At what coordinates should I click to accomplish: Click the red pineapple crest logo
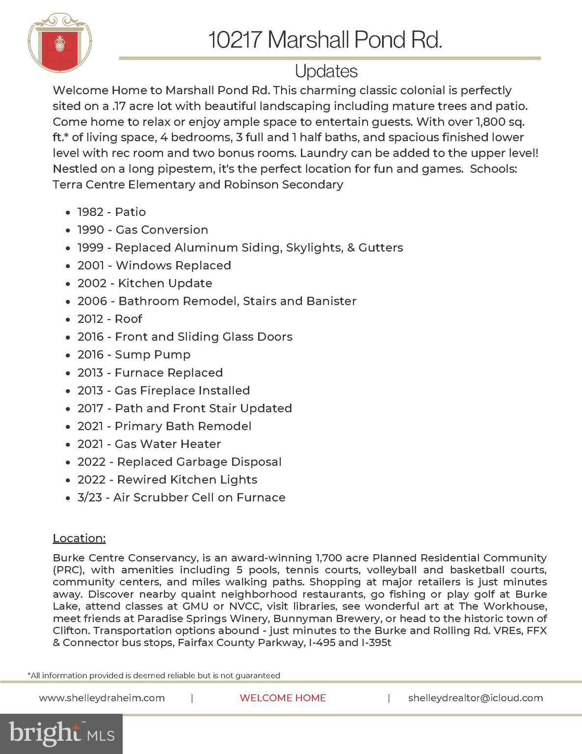[60, 44]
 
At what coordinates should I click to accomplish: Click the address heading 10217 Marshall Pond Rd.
[325, 40]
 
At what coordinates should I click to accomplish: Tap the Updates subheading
[326, 72]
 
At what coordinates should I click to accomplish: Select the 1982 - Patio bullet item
[111, 212]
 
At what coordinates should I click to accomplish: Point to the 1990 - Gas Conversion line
[142, 230]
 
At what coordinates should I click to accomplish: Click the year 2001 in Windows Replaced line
[91, 266]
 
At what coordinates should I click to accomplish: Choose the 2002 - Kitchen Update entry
[145, 283]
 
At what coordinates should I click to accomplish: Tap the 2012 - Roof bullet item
[109, 319]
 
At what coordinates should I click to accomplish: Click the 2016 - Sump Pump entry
[133, 354]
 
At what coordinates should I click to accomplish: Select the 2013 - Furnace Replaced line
[150, 373]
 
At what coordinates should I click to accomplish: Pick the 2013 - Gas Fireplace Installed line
[163, 390]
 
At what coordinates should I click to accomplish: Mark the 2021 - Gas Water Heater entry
[149, 444]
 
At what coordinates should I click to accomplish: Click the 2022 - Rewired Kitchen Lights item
[167, 480]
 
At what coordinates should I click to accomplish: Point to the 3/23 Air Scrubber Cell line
[181, 497]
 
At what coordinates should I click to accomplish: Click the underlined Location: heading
[79, 538]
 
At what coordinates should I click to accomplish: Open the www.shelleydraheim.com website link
[102, 698]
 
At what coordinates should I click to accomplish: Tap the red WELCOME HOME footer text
[283, 698]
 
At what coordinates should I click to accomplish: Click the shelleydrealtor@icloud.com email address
[475, 698]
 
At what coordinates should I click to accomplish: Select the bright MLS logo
[61, 733]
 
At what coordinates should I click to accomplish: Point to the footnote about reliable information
[154, 675]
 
